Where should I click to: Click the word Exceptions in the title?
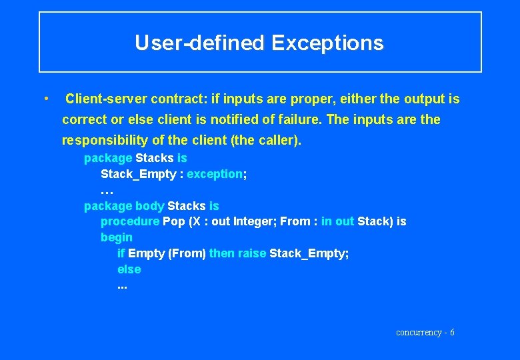tap(327, 43)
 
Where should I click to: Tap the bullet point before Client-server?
tap(45, 99)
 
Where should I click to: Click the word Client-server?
tap(107, 99)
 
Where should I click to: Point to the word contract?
tap(179, 99)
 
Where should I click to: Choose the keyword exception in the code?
tap(215, 174)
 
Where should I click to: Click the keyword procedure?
tap(130, 221)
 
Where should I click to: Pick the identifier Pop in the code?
tap(173, 221)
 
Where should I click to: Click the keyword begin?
tap(117, 237)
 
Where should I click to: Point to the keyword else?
tap(129, 269)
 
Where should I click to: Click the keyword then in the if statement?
tap(221, 253)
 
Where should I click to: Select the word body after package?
tap(149, 206)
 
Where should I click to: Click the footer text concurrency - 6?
tap(425, 332)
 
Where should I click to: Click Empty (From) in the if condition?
tap(167, 253)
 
